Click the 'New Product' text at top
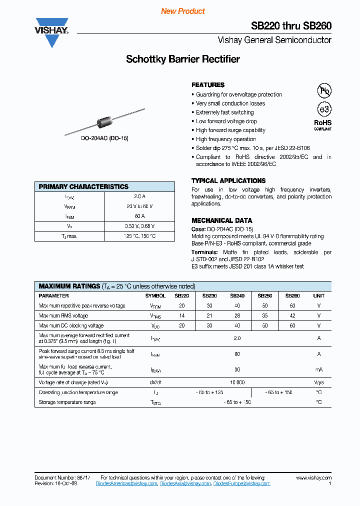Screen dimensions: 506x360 pyautogui.click(x=182, y=11)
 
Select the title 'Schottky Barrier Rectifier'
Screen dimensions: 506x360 pyautogui.click(x=182, y=59)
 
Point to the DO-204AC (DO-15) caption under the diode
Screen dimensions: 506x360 pyautogui.click(x=104, y=138)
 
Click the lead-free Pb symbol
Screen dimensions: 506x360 pyautogui.click(x=324, y=90)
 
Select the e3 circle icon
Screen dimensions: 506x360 pyautogui.click(x=324, y=109)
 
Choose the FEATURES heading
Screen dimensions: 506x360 pyautogui.click(x=208, y=85)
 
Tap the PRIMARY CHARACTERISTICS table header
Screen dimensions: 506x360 pyautogui.click(x=83, y=186)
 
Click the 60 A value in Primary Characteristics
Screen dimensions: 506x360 pyautogui.click(x=139, y=216)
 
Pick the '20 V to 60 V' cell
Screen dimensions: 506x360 pyautogui.click(x=139, y=206)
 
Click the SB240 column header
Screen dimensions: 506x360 pyautogui.click(x=237, y=295)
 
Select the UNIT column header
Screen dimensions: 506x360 pyautogui.click(x=318, y=295)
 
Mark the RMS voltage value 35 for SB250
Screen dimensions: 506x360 pyautogui.click(x=264, y=315)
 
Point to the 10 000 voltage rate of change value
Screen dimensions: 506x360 pyautogui.click(x=237, y=382)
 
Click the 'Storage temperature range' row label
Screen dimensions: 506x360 pyautogui.click(x=67, y=402)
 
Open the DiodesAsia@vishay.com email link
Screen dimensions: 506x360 pyautogui.click(x=185, y=483)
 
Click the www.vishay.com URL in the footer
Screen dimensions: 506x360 pyautogui.click(x=313, y=478)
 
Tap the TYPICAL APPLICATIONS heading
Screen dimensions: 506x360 pyautogui.click(x=228, y=180)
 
